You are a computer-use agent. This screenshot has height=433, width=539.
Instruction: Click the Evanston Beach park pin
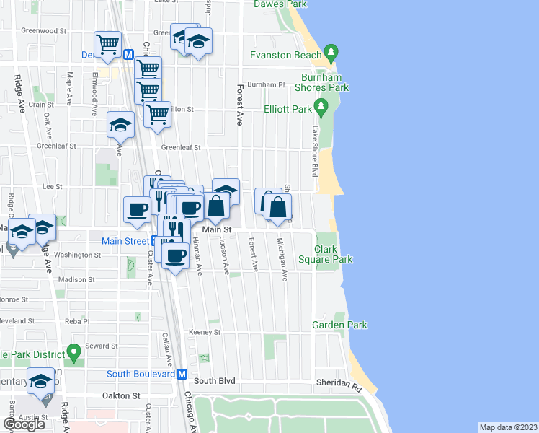click(x=331, y=53)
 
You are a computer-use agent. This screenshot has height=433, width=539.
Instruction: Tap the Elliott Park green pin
click(x=322, y=109)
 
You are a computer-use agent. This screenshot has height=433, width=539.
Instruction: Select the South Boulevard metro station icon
click(x=182, y=375)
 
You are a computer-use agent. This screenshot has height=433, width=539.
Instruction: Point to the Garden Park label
click(x=339, y=325)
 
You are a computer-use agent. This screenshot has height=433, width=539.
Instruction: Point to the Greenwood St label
click(x=43, y=32)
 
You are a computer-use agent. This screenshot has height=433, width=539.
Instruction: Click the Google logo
click(x=24, y=424)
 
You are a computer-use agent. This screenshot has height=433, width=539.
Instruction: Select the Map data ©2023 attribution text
click(x=509, y=427)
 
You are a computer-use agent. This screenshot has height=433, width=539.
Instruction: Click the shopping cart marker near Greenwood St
click(x=107, y=44)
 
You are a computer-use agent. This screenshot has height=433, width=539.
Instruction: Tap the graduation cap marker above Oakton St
click(x=40, y=380)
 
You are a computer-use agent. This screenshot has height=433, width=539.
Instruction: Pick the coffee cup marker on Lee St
click(x=137, y=209)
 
